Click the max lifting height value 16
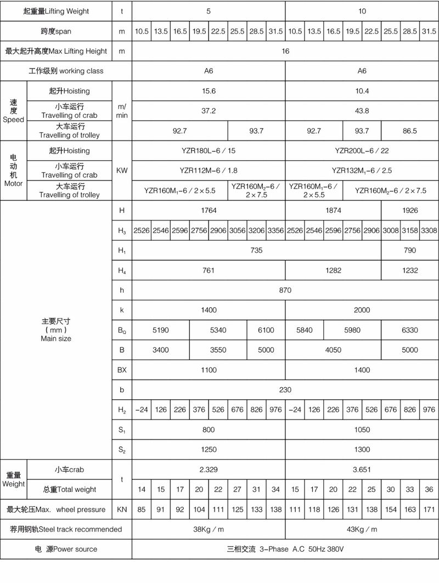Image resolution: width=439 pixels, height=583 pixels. (x=285, y=52)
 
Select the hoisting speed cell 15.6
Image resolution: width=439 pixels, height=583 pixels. (x=209, y=91)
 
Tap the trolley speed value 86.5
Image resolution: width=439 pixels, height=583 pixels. (x=409, y=131)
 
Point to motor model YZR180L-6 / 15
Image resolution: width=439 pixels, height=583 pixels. (x=209, y=150)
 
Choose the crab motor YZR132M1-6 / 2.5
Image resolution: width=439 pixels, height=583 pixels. (x=362, y=170)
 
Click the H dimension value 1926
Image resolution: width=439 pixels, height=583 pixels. (x=409, y=211)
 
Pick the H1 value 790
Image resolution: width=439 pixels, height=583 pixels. (x=409, y=251)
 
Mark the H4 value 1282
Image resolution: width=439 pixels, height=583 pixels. (x=333, y=270)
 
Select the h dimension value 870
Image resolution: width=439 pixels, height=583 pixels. (x=285, y=290)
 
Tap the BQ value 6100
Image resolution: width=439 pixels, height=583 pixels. (x=266, y=330)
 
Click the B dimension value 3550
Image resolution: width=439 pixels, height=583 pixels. (x=218, y=350)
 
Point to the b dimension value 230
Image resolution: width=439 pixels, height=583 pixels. (x=285, y=390)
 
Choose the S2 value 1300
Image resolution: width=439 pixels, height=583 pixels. (x=362, y=450)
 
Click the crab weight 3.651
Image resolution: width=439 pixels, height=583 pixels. (x=362, y=469)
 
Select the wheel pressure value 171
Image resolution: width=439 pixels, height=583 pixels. (x=429, y=510)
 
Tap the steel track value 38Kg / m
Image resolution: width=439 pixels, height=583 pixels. (x=209, y=529)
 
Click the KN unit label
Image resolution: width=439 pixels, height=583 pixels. (x=122, y=510)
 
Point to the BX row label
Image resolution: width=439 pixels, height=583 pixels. (x=122, y=370)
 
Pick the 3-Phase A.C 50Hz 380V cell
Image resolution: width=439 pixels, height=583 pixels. (x=285, y=549)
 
